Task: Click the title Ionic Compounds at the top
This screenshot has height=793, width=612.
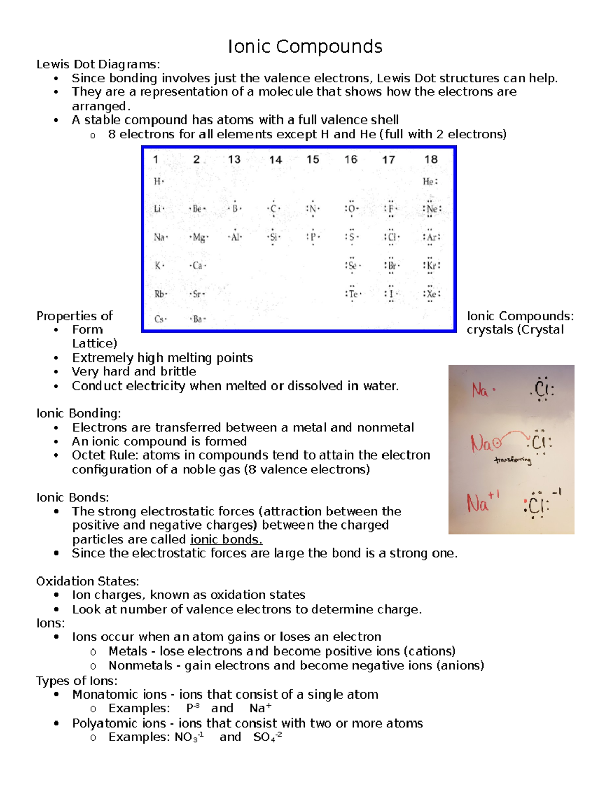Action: coord(305,46)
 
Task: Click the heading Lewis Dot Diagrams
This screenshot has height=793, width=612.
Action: coord(98,64)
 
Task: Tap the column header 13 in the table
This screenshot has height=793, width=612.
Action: coord(234,159)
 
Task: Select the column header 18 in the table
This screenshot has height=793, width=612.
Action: coord(431,159)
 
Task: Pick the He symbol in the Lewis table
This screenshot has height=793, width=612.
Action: coord(428,181)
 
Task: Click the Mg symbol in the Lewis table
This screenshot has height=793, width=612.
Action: coord(198,237)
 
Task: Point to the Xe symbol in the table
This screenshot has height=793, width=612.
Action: coord(431,294)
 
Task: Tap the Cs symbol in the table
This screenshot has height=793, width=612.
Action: coord(159,319)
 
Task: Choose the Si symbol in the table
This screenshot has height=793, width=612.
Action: coord(274,237)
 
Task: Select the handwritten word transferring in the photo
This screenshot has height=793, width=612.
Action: coord(513,460)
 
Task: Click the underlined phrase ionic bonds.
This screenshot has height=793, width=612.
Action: coord(226,540)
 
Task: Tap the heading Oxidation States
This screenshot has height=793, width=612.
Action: coord(87,581)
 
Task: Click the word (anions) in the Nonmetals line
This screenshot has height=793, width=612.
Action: coord(461,665)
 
